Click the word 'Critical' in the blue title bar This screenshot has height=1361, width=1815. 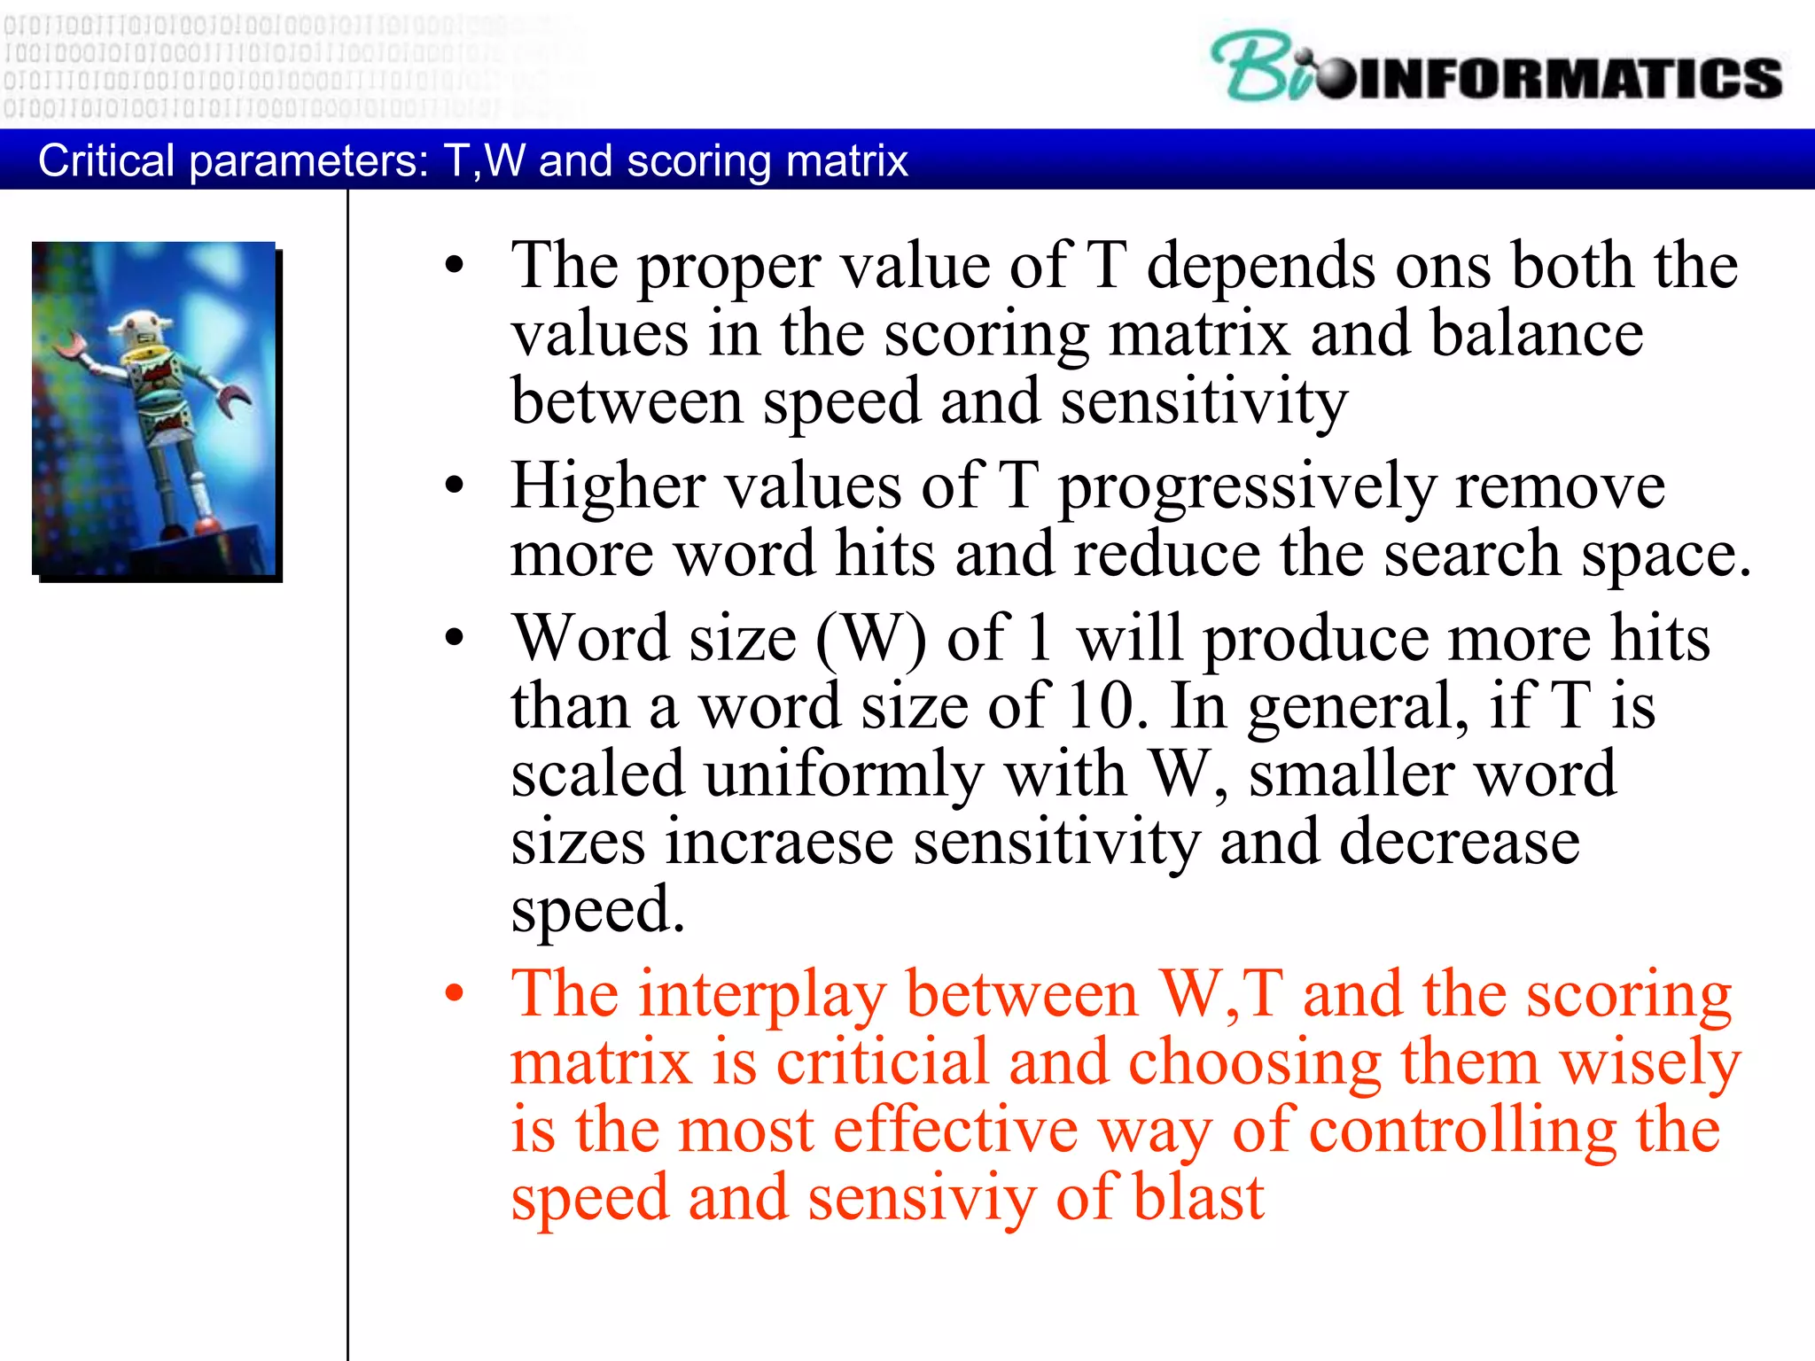click(x=106, y=161)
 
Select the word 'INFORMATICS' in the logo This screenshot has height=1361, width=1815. click(x=1569, y=78)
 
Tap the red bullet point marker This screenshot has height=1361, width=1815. click(x=455, y=993)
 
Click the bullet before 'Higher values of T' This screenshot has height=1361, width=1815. click(x=455, y=485)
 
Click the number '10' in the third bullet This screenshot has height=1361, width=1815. click(x=1102, y=706)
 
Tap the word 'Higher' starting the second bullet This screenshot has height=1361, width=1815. click(x=608, y=486)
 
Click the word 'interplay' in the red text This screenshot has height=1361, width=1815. click(x=762, y=995)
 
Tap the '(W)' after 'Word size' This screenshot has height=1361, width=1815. click(x=871, y=639)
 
